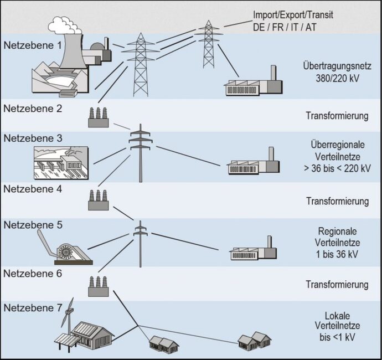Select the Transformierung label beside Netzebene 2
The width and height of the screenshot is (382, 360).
pyautogui.click(x=337, y=116)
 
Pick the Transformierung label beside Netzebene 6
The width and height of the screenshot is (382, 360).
pyautogui.click(x=337, y=284)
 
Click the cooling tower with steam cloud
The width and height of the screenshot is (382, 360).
pyautogui.click(x=69, y=47)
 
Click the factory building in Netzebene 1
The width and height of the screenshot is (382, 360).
pyautogui.click(x=253, y=84)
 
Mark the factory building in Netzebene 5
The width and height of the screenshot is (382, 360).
pyautogui.click(x=252, y=251)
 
